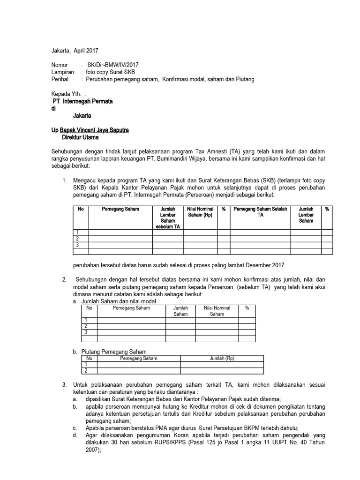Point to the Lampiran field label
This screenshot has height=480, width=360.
point(63,72)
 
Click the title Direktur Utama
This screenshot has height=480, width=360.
point(80,137)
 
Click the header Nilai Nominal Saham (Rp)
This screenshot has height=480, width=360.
point(200,212)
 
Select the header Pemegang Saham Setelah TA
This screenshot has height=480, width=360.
point(260,212)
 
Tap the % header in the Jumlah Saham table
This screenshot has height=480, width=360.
point(247,308)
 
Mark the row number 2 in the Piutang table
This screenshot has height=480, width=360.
point(86,371)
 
